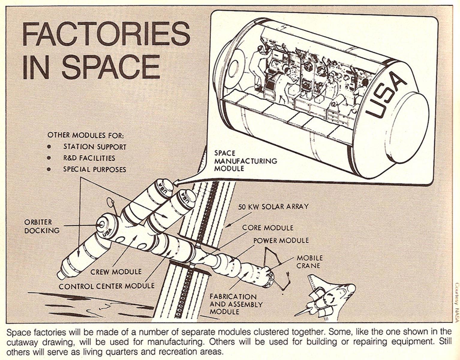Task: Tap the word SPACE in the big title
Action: (x=111, y=67)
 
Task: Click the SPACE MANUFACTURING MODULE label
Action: (x=245, y=160)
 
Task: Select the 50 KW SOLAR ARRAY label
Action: (x=273, y=207)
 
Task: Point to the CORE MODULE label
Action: (x=267, y=228)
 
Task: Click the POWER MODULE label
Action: (x=281, y=241)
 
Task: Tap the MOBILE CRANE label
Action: (x=310, y=262)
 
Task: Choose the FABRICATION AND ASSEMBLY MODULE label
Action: (x=236, y=304)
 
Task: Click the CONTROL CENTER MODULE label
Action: (x=106, y=286)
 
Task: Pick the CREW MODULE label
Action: (x=116, y=272)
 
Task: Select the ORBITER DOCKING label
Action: (x=42, y=226)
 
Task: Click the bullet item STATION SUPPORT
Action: (x=94, y=147)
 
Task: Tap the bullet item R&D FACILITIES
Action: (x=89, y=158)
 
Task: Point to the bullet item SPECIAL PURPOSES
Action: (x=94, y=169)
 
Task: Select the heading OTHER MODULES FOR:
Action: (x=85, y=135)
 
